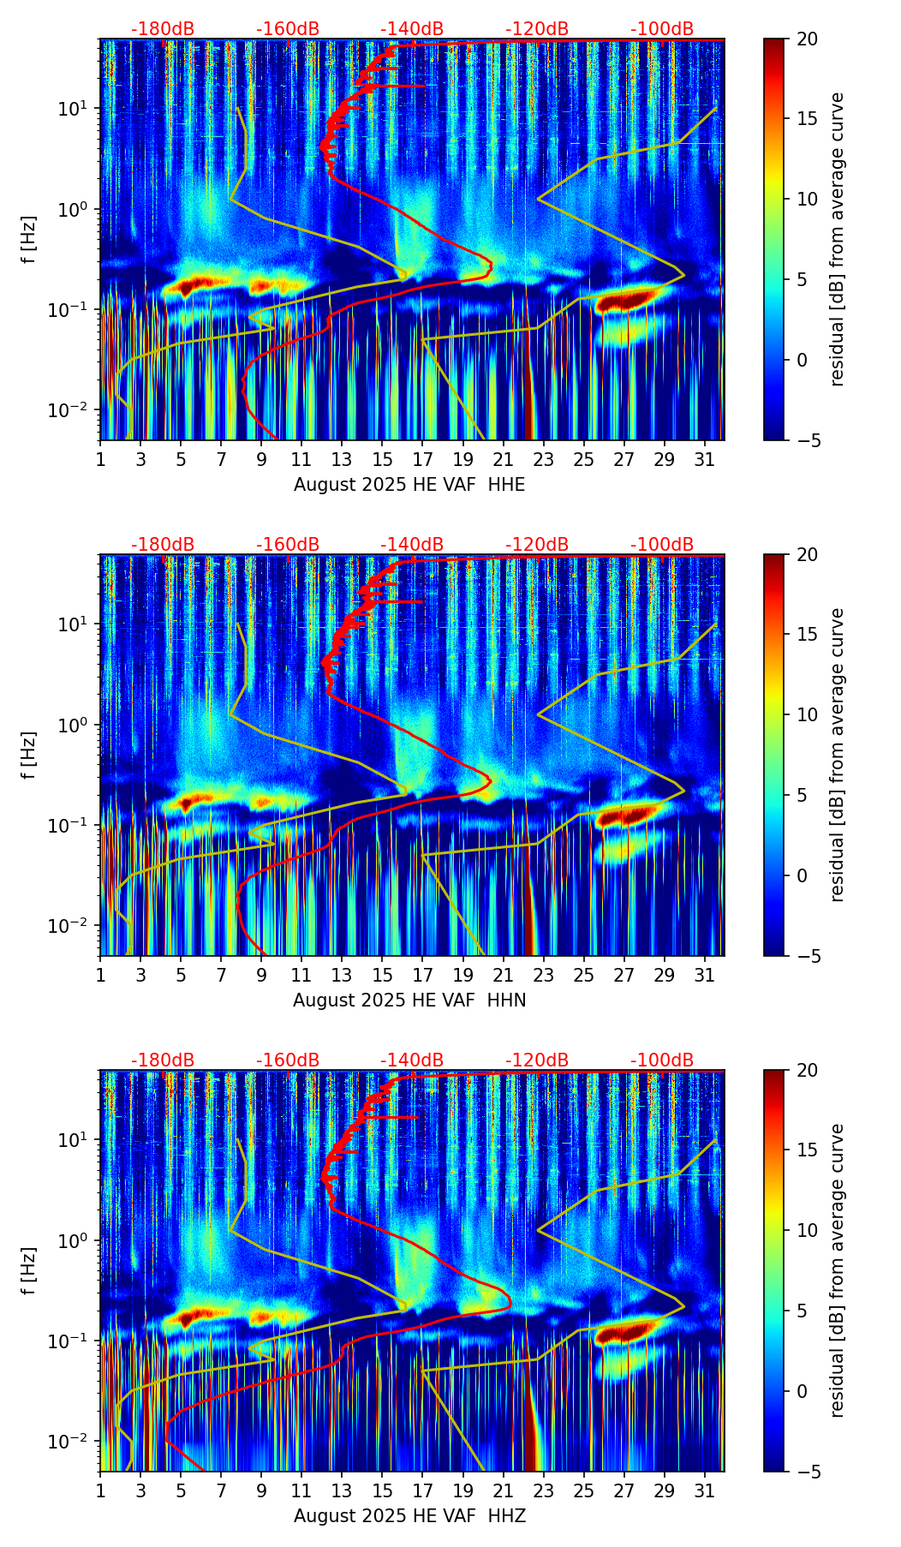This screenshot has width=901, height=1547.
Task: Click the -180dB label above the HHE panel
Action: pos(163,29)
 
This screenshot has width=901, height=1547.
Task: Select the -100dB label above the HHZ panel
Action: pos(662,1060)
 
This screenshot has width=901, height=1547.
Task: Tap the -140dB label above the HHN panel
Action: pos(412,545)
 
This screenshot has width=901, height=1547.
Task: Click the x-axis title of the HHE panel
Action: pos(409,485)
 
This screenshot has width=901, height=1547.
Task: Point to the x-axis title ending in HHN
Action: pos(409,1000)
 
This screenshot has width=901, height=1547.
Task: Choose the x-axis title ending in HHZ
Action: pos(409,1516)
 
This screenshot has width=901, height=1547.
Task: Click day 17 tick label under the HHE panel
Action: pos(423,459)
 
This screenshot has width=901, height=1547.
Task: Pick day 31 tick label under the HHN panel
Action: pos(705,975)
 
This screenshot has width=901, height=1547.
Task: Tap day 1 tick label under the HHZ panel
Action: pos(100,1490)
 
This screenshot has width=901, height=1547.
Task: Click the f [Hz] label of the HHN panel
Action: pos(30,755)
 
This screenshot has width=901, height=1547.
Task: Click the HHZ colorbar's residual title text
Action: pos(837,1270)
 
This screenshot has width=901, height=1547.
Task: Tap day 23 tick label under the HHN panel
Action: pos(544,975)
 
